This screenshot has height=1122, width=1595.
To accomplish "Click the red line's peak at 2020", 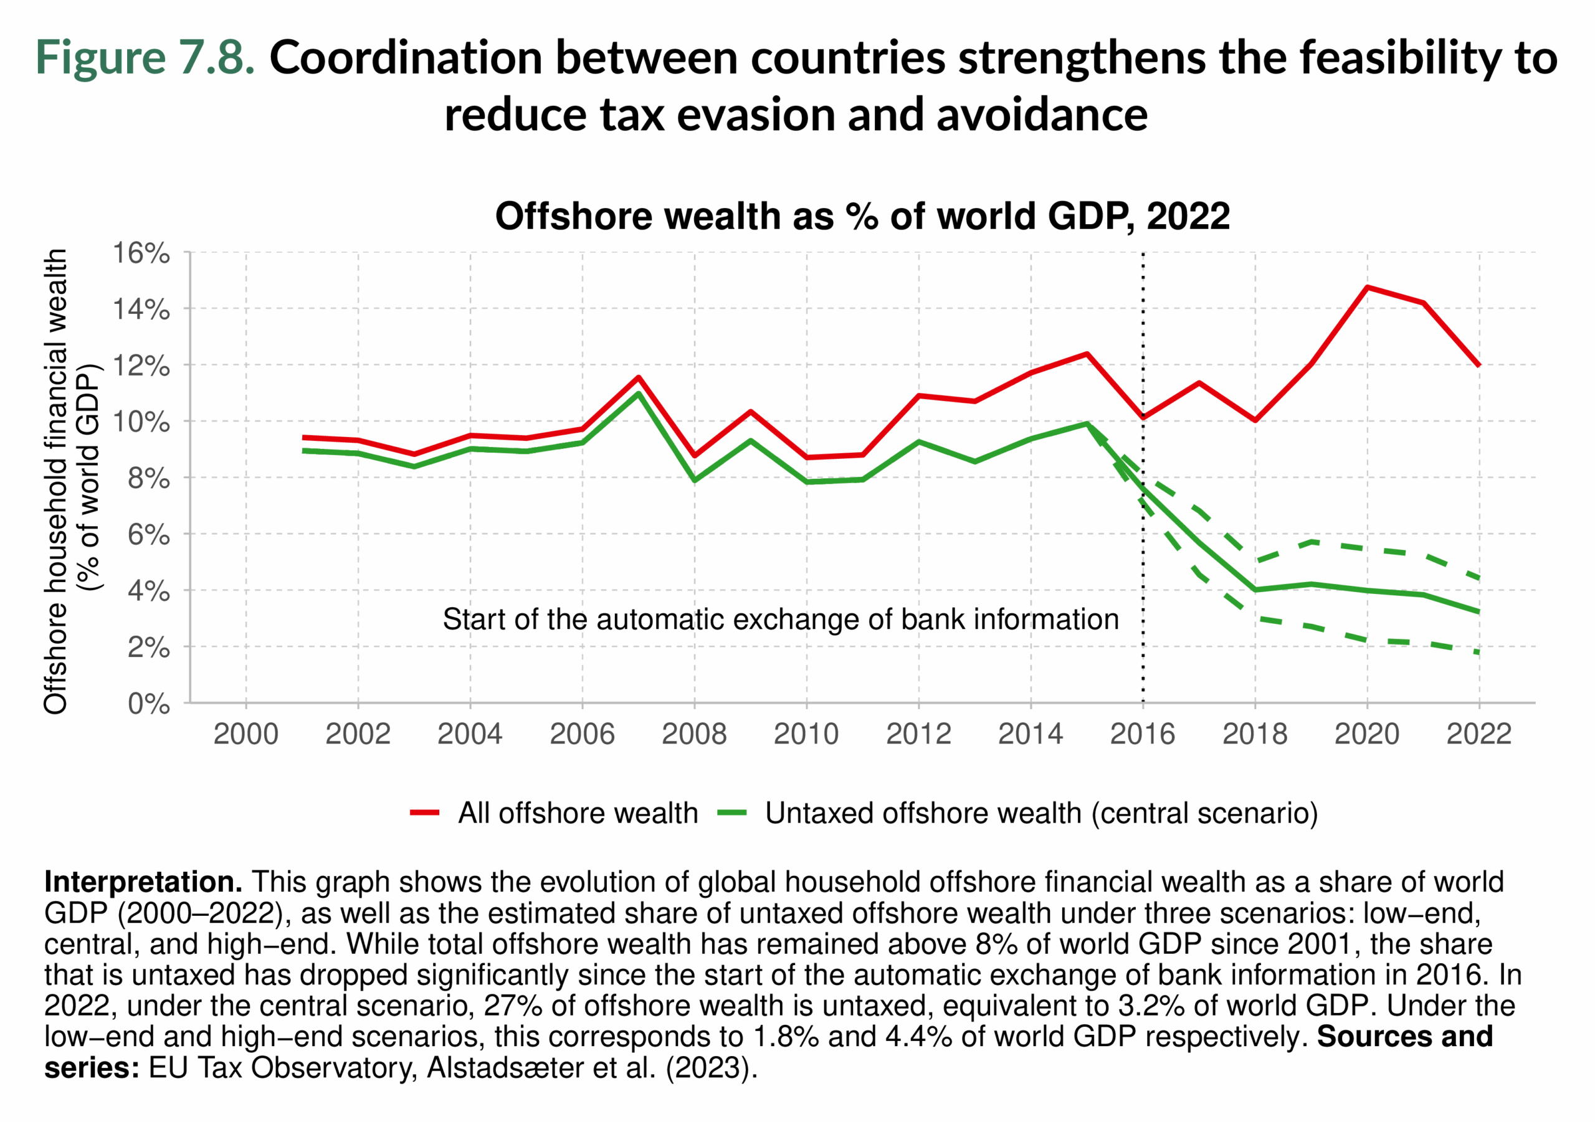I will (x=1367, y=287).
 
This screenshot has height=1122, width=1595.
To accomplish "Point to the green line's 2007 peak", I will (x=639, y=394).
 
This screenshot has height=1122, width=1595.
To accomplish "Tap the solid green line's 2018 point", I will (x=1255, y=590).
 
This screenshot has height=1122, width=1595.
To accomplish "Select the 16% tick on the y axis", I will (x=141, y=253).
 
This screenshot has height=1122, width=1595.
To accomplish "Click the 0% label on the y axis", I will (x=149, y=704).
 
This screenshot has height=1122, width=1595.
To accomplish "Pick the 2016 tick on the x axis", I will (x=1143, y=734).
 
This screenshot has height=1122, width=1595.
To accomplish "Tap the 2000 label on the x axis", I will (x=246, y=734).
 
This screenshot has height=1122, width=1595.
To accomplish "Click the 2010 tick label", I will (x=806, y=734).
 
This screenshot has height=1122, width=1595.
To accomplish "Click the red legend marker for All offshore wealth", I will (x=424, y=813).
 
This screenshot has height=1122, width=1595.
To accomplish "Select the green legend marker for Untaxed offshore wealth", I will (x=731, y=813).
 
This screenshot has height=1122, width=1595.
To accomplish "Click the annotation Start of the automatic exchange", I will (x=780, y=620).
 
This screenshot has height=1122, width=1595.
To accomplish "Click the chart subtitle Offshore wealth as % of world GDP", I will (x=862, y=216).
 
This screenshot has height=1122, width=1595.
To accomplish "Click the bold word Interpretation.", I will (x=143, y=882).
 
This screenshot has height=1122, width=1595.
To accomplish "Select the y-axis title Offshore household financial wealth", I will (x=55, y=481).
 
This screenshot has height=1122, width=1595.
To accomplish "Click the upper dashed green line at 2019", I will (x=1311, y=542).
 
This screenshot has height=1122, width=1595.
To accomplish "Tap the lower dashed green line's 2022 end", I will (x=1478, y=652).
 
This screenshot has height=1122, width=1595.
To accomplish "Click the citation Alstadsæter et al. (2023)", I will (x=591, y=1067).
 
